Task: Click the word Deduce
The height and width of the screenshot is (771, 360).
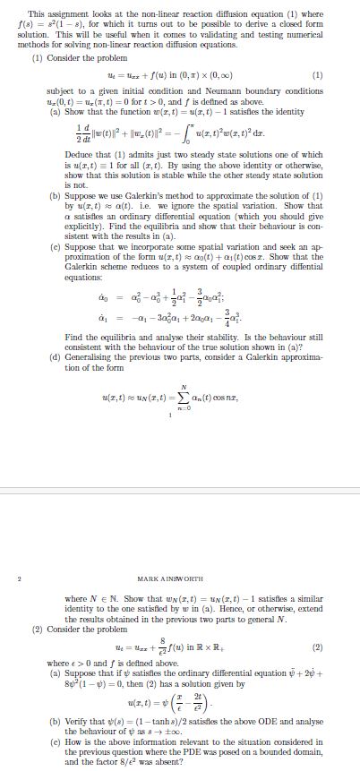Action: (65, 154)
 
